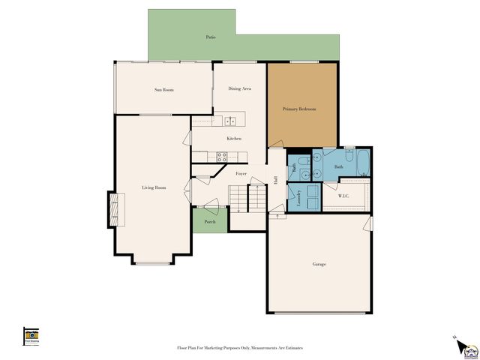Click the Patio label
[x=211, y=37]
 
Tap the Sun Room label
[x=164, y=90]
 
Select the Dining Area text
[x=239, y=88]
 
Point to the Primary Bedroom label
[x=299, y=109]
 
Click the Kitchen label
[x=234, y=139]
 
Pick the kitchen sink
[x=231, y=120]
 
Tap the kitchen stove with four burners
[x=222, y=157]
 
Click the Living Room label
[x=154, y=187]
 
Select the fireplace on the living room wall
[x=115, y=209]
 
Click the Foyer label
[x=241, y=173]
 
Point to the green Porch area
[x=210, y=221]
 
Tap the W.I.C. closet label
[x=344, y=196]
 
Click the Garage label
[x=319, y=264]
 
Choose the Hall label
[x=275, y=180]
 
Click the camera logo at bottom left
[x=31, y=335]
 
